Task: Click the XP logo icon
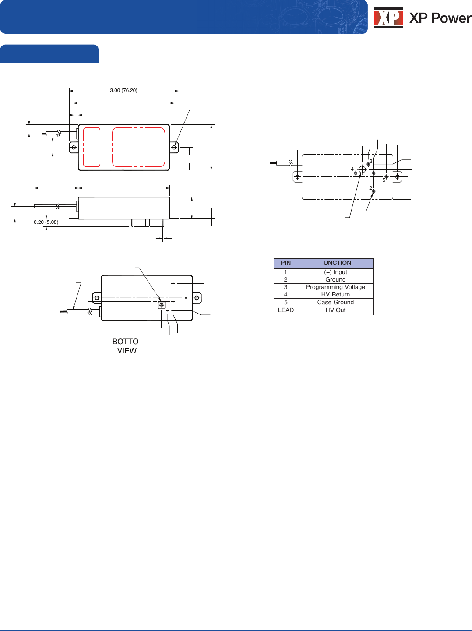pyautogui.click(x=388, y=18)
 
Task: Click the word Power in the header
pyautogui.click(x=451, y=18)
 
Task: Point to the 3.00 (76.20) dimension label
pyautogui.click(x=123, y=90)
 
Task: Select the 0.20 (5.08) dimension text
pyautogui.click(x=46, y=222)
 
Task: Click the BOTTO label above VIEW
pyautogui.click(x=125, y=342)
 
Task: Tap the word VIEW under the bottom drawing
pyautogui.click(x=127, y=351)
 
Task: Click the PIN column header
pyautogui.click(x=286, y=263)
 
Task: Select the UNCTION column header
pyautogui.click(x=337, y=263)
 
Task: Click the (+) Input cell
pyautogui.click(x=335, y=272)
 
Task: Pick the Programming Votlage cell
pyautogui.click(x=335, y=287)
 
